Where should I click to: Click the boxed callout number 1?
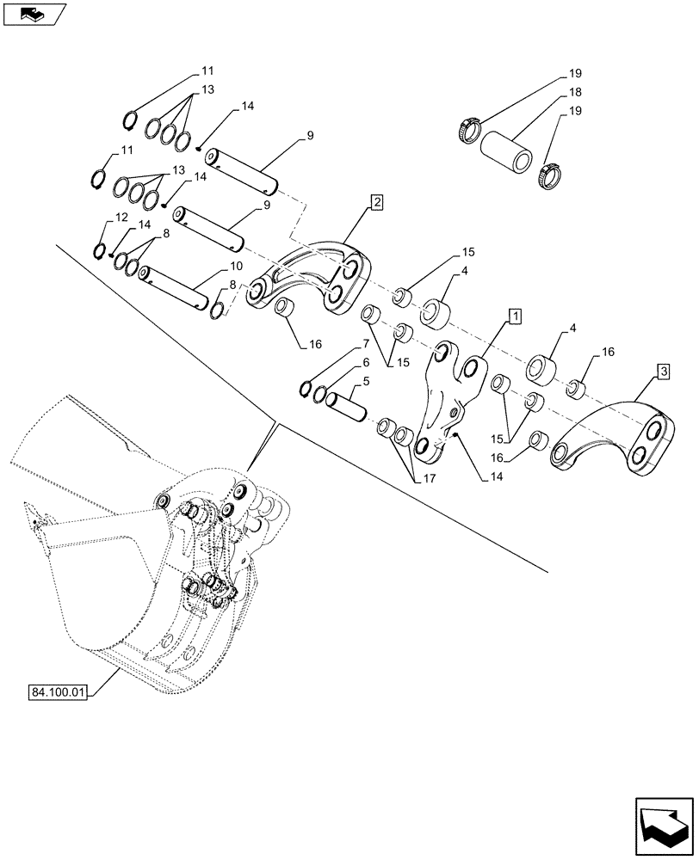pos(514,316)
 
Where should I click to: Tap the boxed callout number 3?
pos(663,372)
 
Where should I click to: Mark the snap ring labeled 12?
pos(100,251)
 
